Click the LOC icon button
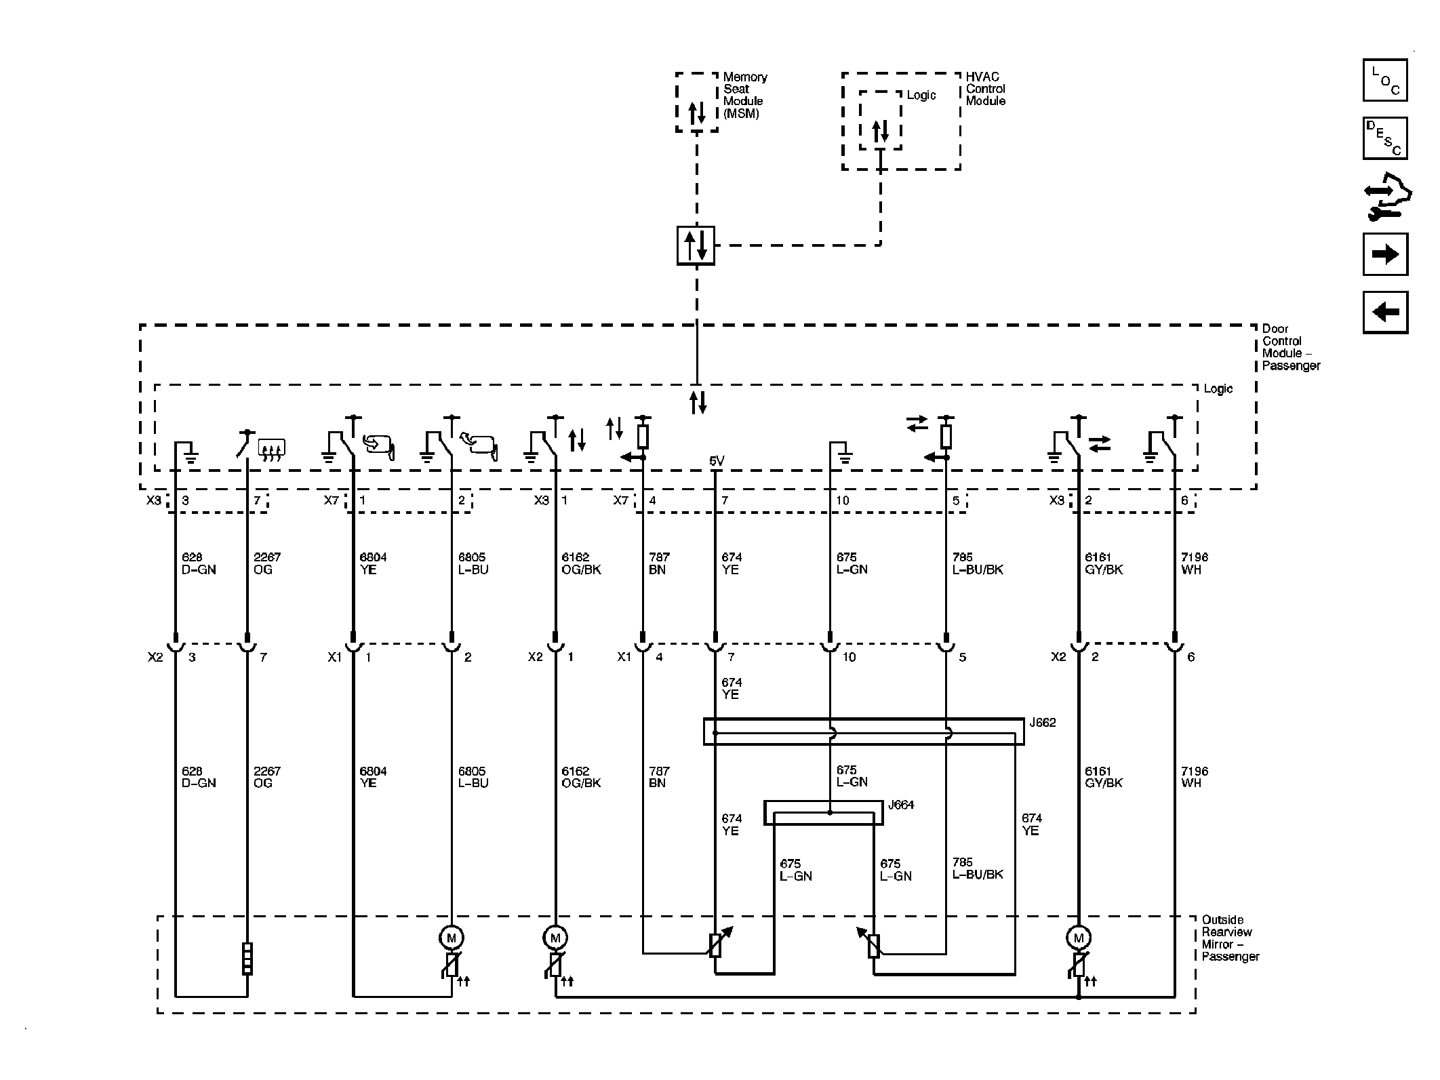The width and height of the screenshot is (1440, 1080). (1384, 80)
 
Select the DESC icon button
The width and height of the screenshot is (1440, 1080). (1384, 138)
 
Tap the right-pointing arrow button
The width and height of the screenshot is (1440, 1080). (1385, 254)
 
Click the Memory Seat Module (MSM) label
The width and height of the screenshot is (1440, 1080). (745, 96)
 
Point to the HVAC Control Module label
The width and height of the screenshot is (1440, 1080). (986, 89)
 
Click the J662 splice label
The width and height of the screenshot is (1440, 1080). (1043, 723)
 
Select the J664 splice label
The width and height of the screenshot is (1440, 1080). (901, 805)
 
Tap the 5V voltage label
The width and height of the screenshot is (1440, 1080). (717, 462)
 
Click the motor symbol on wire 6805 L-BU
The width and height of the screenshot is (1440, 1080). (452, 938)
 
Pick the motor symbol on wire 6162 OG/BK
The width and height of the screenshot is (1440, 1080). (555, 938)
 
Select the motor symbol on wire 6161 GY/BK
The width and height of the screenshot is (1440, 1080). (1079, 938)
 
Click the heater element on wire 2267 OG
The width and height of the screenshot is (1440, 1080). (247, 959)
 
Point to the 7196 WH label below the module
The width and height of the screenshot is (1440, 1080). (1195, 563)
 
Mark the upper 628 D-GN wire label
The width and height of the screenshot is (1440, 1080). (199, 563)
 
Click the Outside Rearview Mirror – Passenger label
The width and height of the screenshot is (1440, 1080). (1231, 938)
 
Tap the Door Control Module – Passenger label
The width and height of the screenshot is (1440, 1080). (1291, 347)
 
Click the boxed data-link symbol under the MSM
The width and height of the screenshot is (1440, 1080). (696, 245)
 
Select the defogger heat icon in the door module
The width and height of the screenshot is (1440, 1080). (272, 449)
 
